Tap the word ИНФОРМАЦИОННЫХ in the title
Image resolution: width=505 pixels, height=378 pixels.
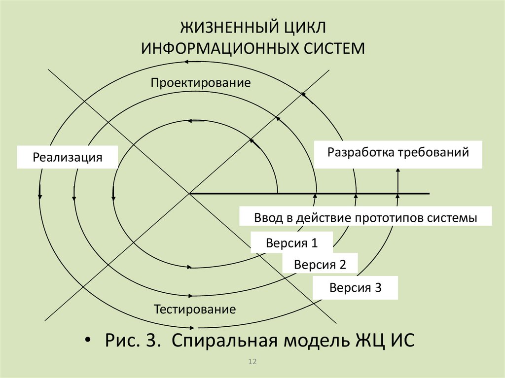pos(219,49)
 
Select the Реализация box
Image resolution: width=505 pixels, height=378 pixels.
pos(68,158)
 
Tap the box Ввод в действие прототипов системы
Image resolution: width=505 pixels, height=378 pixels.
pos(365,217)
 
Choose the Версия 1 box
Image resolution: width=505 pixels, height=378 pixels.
pos(291,243)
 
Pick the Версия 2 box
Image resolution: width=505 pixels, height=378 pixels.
pos(320,264)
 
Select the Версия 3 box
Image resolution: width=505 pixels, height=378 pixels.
pos(356,287)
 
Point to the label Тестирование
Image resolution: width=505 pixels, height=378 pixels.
pos(195,310)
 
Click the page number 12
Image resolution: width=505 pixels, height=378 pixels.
pos(252,363)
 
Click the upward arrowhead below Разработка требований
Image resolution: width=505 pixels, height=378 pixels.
pos(398,171)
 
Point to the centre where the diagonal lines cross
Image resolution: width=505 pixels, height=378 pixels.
pos(189,194)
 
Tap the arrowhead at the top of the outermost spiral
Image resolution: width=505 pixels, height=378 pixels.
pos(187,62)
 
